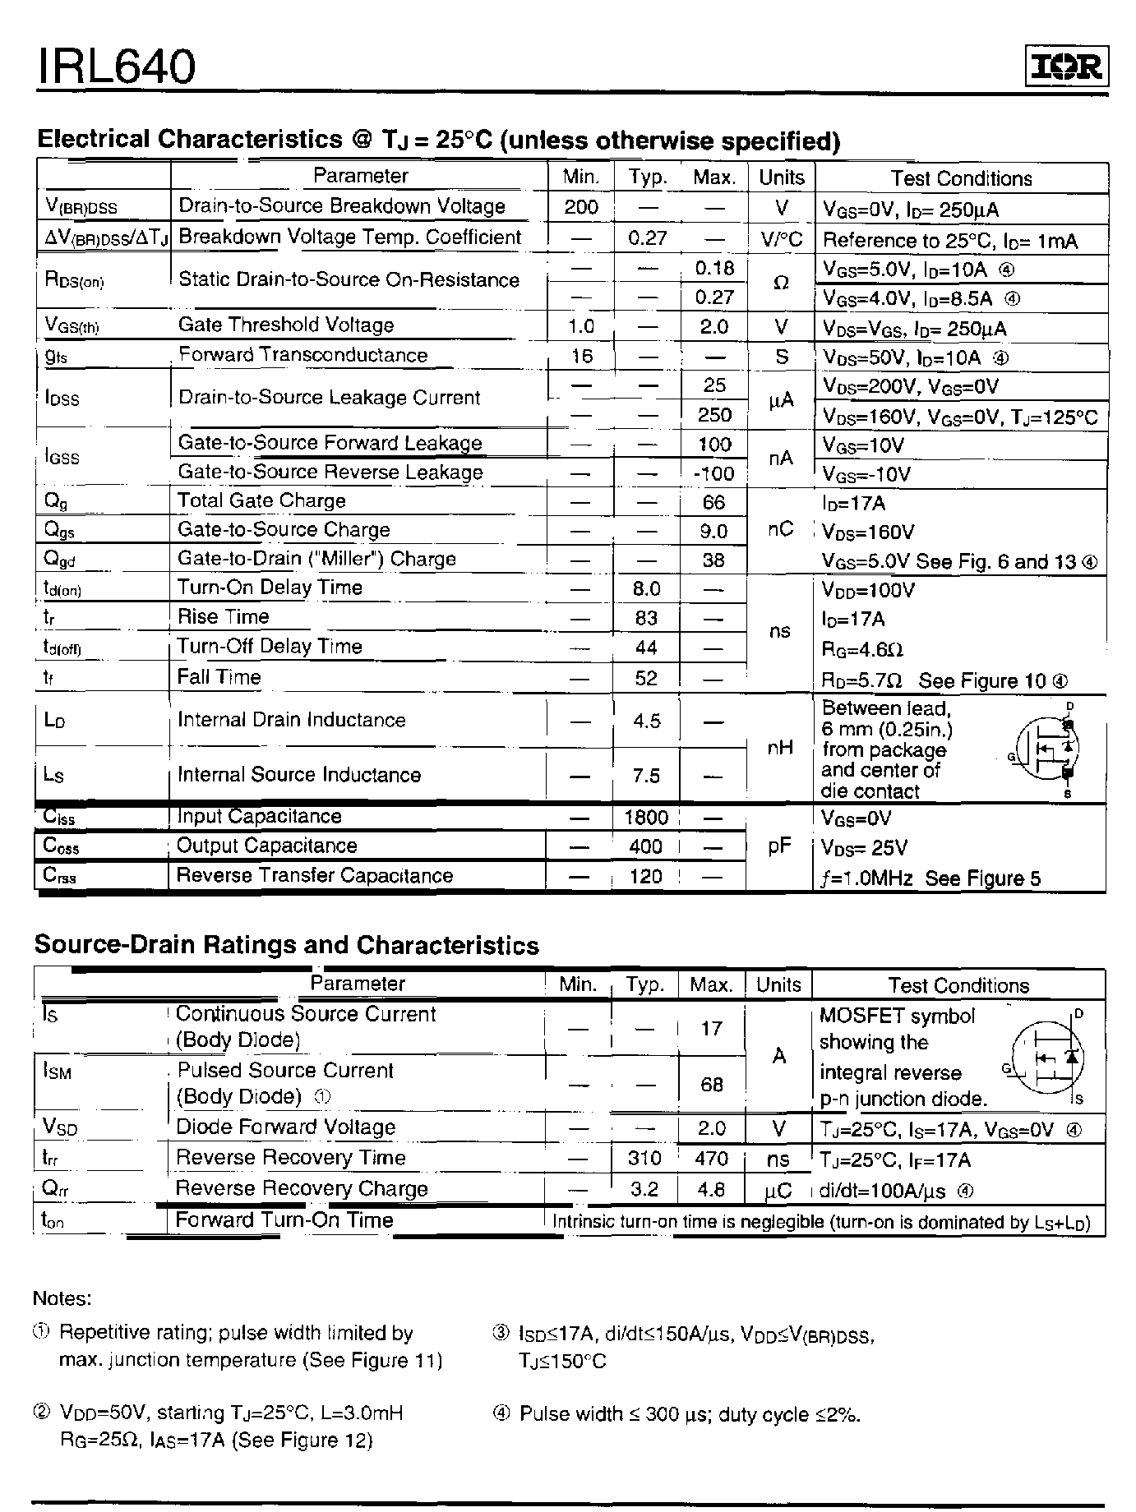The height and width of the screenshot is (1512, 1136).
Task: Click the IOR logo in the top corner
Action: pyautogui.click(x=1066, y=67)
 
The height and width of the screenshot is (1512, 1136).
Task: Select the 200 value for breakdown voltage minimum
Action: pyautogui.click(x=580, y=207)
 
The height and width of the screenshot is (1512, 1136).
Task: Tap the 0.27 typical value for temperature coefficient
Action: pyautogui.click(x=647, y=238)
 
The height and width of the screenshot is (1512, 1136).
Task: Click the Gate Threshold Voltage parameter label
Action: pyautogui.click(x=285, y=325)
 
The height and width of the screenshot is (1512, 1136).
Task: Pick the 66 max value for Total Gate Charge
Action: pyautogui.click(x=713, y=502)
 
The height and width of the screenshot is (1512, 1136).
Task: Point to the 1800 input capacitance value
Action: pyautogui.click(x=646, y=818)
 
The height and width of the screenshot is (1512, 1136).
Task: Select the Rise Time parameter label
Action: pyautogui.click(x=223, y=617)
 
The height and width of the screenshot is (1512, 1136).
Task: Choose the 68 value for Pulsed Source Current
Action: pyautogui.click(x=711, y=1085)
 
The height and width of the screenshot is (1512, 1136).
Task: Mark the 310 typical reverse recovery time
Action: pyautogui.click(x=644, y=1159)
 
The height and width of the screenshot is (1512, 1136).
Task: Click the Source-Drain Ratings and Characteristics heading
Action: pyautogui.click(x=286, y=946)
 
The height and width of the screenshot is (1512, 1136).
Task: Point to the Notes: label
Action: pyautogui.click(x=62, y=1299)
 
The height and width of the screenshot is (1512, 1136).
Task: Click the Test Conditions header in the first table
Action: pyautogui.click(x=960, y=178)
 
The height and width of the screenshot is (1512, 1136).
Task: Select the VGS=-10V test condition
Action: pyautogui.click(x=866, y=475)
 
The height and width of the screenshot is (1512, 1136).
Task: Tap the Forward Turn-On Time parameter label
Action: pyautogui.click(x=284, y=1220)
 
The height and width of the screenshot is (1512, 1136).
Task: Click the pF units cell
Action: pyautogui.click(x=778, y=846)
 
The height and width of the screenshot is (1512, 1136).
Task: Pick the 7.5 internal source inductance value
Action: pyautogui.click(x=646, y=776)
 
